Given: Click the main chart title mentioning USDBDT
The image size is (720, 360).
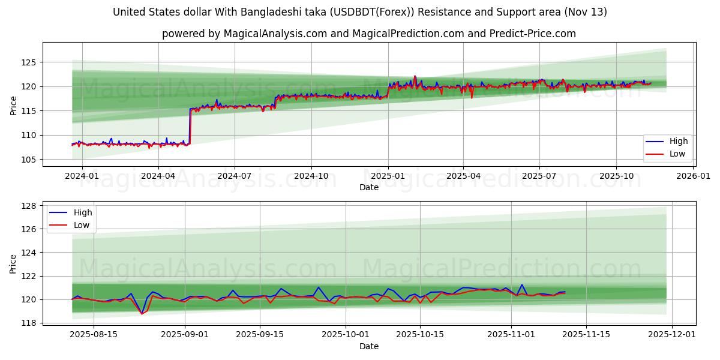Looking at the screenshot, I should coord(360,12).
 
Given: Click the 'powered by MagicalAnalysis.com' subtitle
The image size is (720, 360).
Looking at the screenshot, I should coord(368,34).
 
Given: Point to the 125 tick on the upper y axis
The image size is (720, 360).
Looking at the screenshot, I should coord(30,62).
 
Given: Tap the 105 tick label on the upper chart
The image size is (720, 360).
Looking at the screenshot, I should coord(30,160).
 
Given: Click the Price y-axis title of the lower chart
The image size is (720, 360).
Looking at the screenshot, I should coord(13,264).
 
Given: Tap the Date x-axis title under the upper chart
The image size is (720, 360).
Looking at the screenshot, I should coord(368,187).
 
